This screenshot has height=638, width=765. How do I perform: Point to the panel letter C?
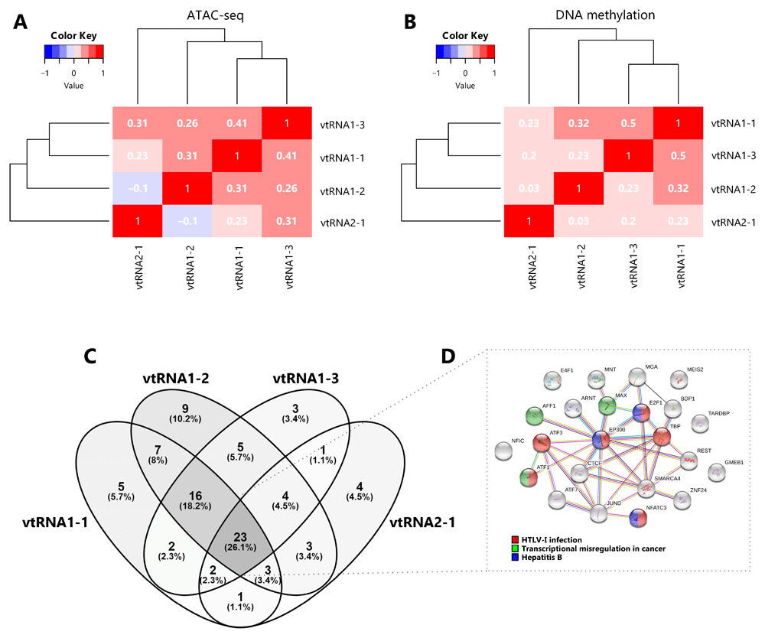coord(90,356)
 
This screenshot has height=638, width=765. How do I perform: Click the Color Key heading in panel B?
coord(465,35)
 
